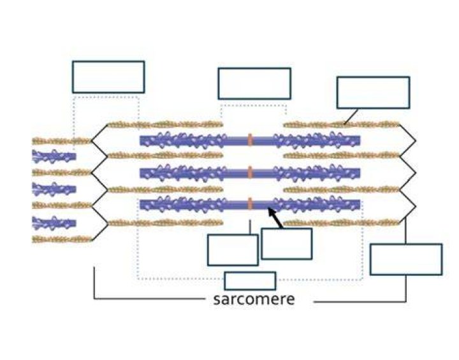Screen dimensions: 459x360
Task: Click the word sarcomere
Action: [254, 299]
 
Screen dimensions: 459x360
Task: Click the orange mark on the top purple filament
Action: [250, 140]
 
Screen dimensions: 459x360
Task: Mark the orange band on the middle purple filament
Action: [250, 172]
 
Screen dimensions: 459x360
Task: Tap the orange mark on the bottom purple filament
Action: [250, 203]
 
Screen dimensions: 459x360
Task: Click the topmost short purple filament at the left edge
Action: [54, 156]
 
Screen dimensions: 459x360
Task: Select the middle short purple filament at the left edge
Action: [54, 189]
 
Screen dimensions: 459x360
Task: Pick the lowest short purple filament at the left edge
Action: [54, 223]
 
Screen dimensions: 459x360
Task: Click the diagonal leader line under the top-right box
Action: [351, 117]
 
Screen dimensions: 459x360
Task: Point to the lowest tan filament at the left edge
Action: [62, 239]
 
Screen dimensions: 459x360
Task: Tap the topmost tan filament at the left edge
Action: [62, 141]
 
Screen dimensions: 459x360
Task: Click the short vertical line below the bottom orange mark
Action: [250, 227]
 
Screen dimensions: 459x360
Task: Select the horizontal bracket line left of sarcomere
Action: [149, 299]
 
